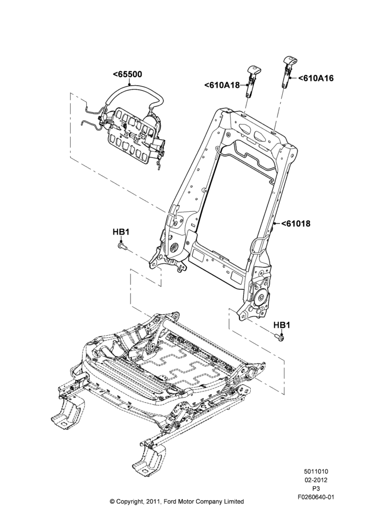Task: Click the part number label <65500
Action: (127, 74)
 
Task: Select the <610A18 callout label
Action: (222, 85)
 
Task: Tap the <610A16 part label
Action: (316, 78)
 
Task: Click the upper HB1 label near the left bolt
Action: (120, 232)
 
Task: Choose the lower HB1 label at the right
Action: (282, 325)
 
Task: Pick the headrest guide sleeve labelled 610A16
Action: (288, 72)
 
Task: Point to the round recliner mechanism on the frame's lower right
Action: (261, 297)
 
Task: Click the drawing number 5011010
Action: (316, 471)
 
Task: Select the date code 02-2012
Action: (316, 480)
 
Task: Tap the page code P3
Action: (316, 489)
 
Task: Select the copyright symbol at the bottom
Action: (112, 502)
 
